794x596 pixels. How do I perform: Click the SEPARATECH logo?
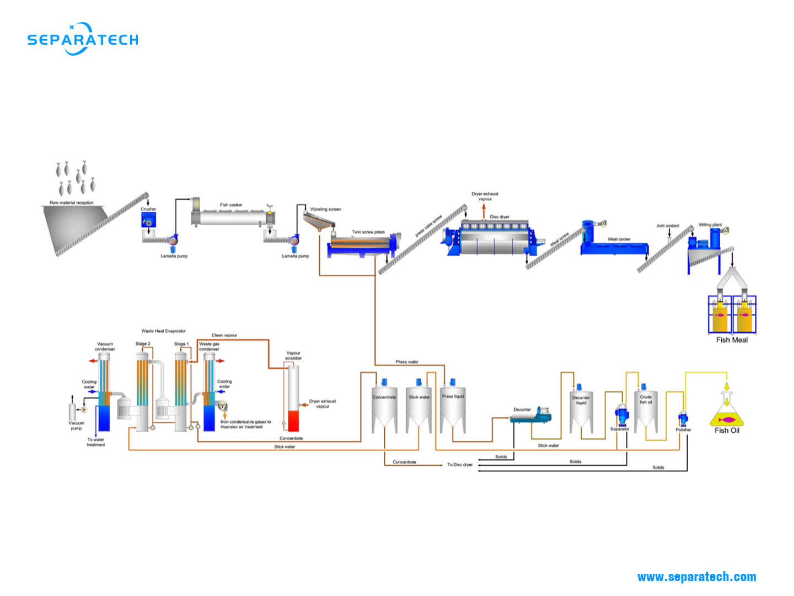click(x=83, y=39)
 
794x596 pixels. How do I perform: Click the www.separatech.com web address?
click(x=696, y=577)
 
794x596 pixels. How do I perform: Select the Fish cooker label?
click(x=231, y=205)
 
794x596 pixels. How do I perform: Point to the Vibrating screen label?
click(x=325, y=209)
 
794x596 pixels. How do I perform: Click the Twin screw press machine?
click(x=364, y=245)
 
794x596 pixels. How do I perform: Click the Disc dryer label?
click(x=500, y=217)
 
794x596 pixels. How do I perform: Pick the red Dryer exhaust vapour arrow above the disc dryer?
click(x=484, y=210)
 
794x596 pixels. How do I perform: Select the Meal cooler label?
click(x=619, y=240)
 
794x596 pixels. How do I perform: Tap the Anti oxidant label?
click(x=668, y=226)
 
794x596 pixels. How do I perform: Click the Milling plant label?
click(x=710, y=225)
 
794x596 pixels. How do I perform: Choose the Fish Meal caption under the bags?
click(x=732, y=340)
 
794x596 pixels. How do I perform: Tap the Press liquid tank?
click(x=453, y=408)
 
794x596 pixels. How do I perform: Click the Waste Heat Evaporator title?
click(x=164, y=331)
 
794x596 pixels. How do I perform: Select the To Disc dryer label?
click(x=460, y=465)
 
